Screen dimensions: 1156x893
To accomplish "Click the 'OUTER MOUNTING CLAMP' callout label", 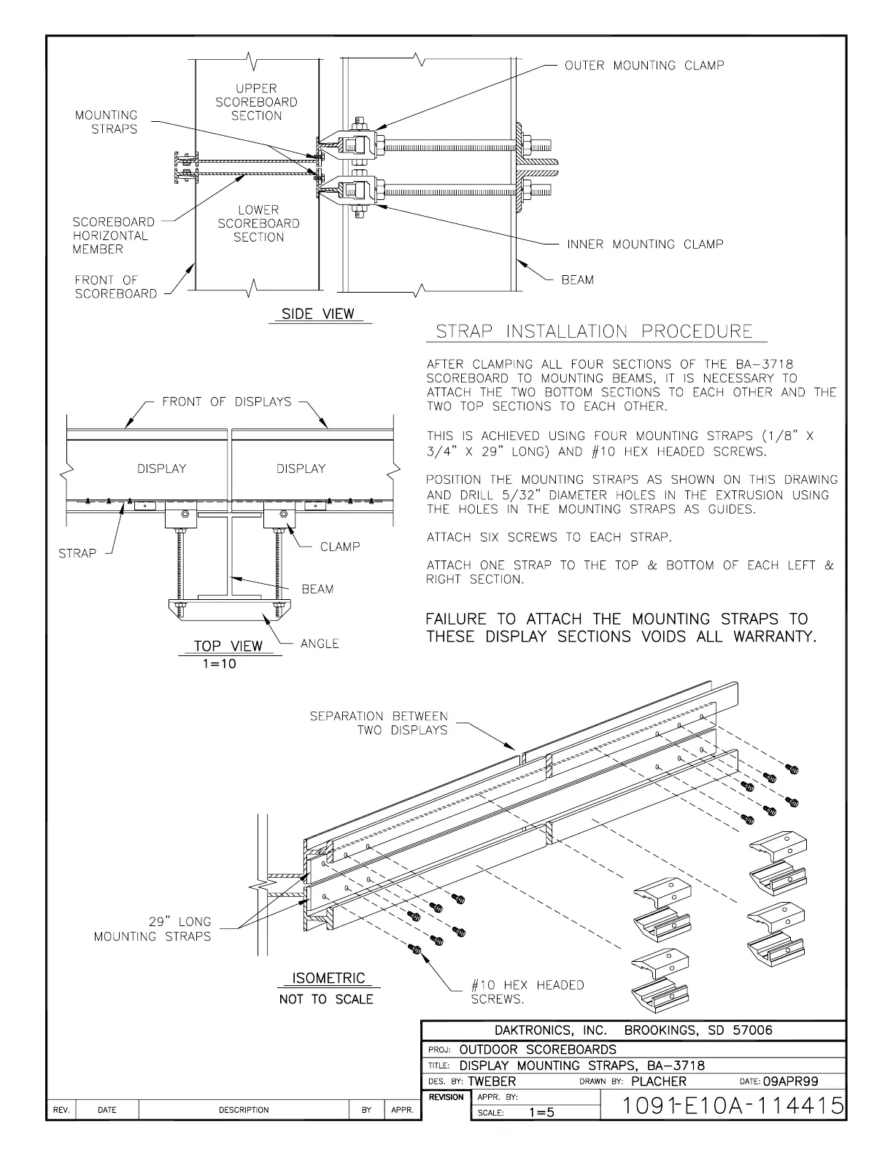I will coord(644,66).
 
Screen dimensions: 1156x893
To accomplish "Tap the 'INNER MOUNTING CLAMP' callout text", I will coord(645,244).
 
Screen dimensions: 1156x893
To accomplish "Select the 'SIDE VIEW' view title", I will coord(318,315).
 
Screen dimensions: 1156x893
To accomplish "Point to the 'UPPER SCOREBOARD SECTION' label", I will coord(257,102).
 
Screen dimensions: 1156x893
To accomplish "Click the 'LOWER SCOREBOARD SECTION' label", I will coord(258,223).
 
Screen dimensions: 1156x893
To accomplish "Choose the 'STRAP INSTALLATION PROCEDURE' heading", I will coord(594,332).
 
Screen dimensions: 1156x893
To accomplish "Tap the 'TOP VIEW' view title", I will coord(228,647).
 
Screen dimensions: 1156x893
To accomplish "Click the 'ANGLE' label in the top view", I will coord(320,644).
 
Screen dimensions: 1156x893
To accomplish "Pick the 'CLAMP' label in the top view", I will coord(340,547).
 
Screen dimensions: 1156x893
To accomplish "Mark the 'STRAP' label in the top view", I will coord(77,553).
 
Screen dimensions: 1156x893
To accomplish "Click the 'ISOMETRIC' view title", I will coord(328,979).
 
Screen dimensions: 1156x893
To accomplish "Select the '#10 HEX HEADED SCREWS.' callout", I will coord(527,992).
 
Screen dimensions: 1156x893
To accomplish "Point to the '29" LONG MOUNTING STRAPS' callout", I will coord(152,929).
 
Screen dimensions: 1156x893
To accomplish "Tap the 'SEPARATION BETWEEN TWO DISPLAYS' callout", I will coord(379,723).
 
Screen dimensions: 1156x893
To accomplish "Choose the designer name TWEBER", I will coord(491,1082).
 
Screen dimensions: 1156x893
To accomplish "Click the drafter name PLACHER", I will coord(659,1082).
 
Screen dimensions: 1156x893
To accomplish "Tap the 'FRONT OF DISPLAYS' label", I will coord(226,402).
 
